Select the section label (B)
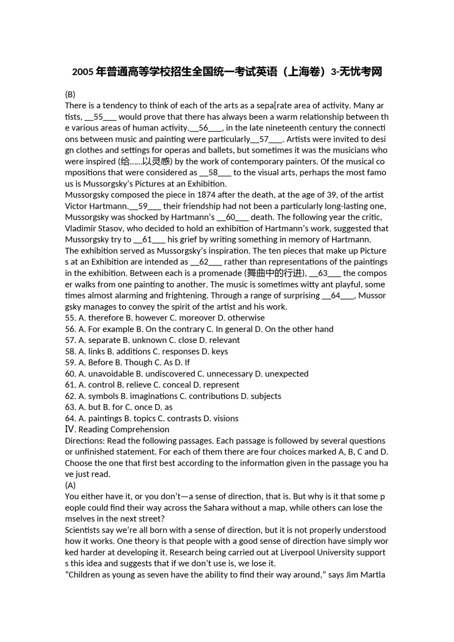(70, 94)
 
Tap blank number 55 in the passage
(98, 117)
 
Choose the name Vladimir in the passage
(80, 228)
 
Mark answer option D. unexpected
(282, 374)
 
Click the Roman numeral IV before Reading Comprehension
(70, 429)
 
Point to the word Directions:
(85, 440)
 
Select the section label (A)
(70, 485)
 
